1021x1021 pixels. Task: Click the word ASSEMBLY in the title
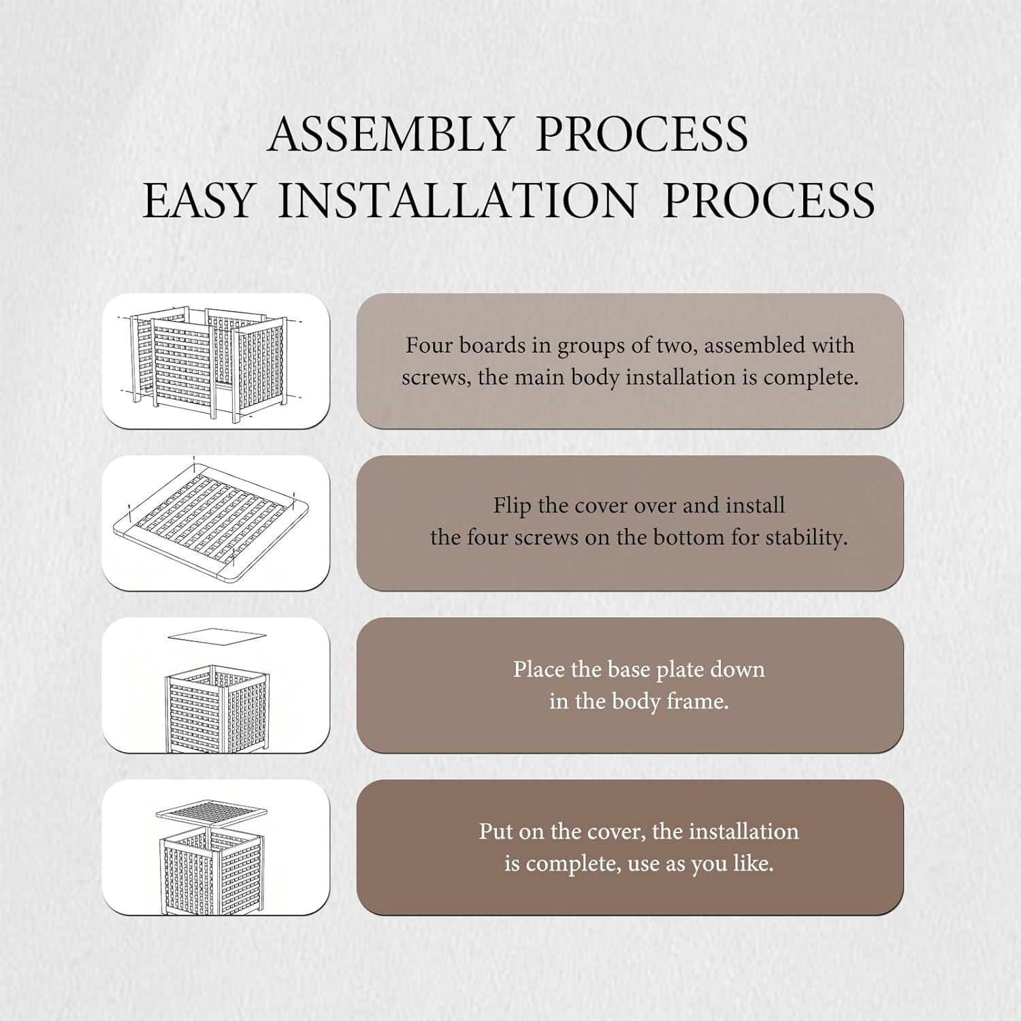click(390, 134)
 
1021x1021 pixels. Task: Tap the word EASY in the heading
click(197, 201)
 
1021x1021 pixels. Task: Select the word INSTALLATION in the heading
click(457, 201)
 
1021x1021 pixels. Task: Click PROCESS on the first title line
click(642, 134)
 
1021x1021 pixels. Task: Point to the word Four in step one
click(429, 345)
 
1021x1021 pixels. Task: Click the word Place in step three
click(538, 669)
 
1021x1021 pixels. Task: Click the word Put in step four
click(496, 831)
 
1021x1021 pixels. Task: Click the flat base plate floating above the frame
click(216, 635)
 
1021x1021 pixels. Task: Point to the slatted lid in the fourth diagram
click(212, 811)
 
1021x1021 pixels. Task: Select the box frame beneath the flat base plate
click(216, 708)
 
